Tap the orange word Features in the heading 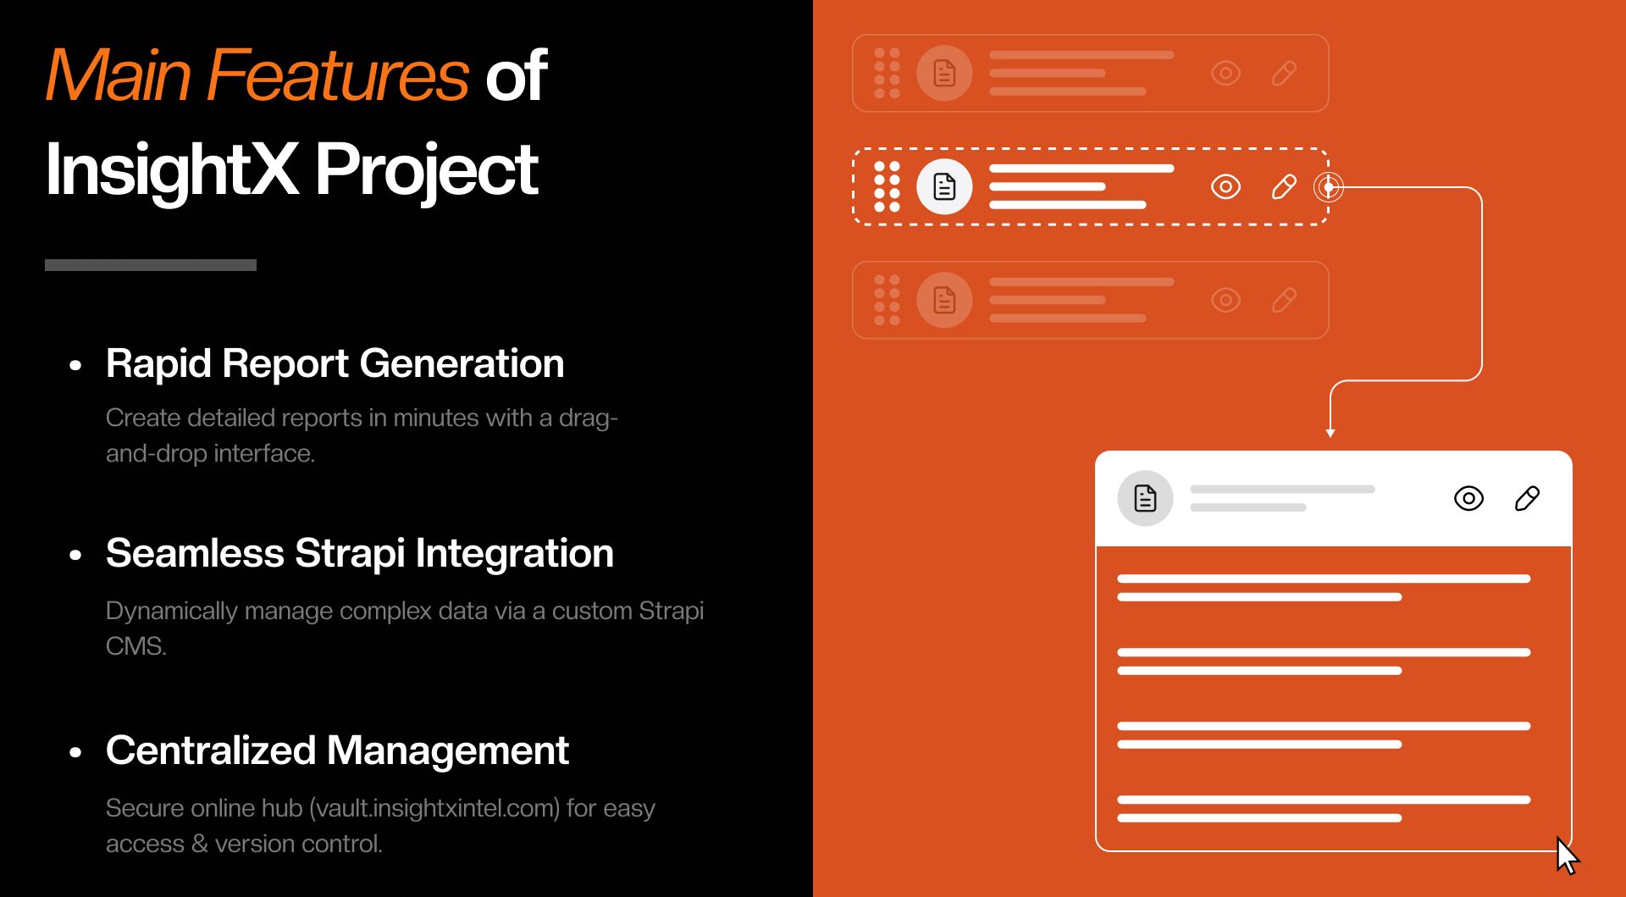click(337, 76)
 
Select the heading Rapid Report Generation click(335, 363)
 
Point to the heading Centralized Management click(337, 750)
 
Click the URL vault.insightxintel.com click(434, 808)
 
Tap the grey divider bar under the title click(151, 265)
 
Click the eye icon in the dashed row click(1225, 186)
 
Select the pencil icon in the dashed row click(1284, 186)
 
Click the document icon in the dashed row click(944, 186)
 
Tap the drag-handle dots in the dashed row click(887, 186)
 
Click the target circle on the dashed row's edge click(1328, 186)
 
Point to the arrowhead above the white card click(1330, 433)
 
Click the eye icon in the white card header click(1468, 498)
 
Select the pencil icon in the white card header click(1527, 498)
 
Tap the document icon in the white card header click(1145, 498)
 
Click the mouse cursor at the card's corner click(1567, 855)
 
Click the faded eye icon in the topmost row click(1225, 73)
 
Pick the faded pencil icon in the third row click(1284, 300)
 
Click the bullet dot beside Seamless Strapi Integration click(76, 556)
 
